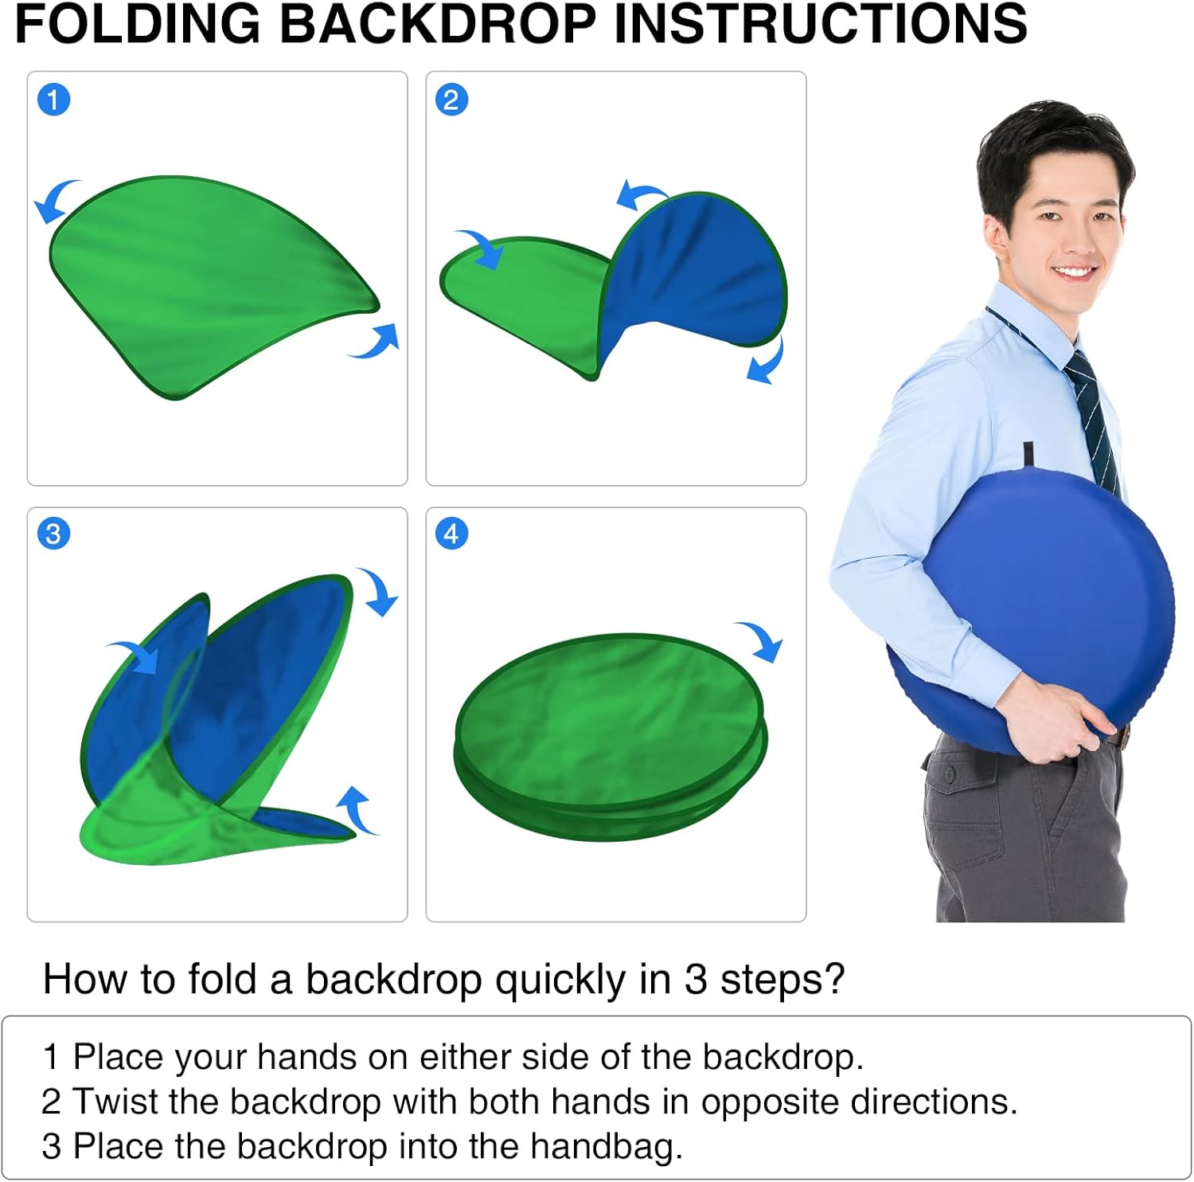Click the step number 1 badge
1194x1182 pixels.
(x=53, y=100)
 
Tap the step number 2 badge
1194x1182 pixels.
(x=451, y=100)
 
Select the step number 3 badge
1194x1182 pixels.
(x=53, y=533)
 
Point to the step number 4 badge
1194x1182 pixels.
(x=451, y=533)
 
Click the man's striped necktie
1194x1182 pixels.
(x=1094, y=418)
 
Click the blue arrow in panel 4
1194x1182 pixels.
(x=761, y=640)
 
